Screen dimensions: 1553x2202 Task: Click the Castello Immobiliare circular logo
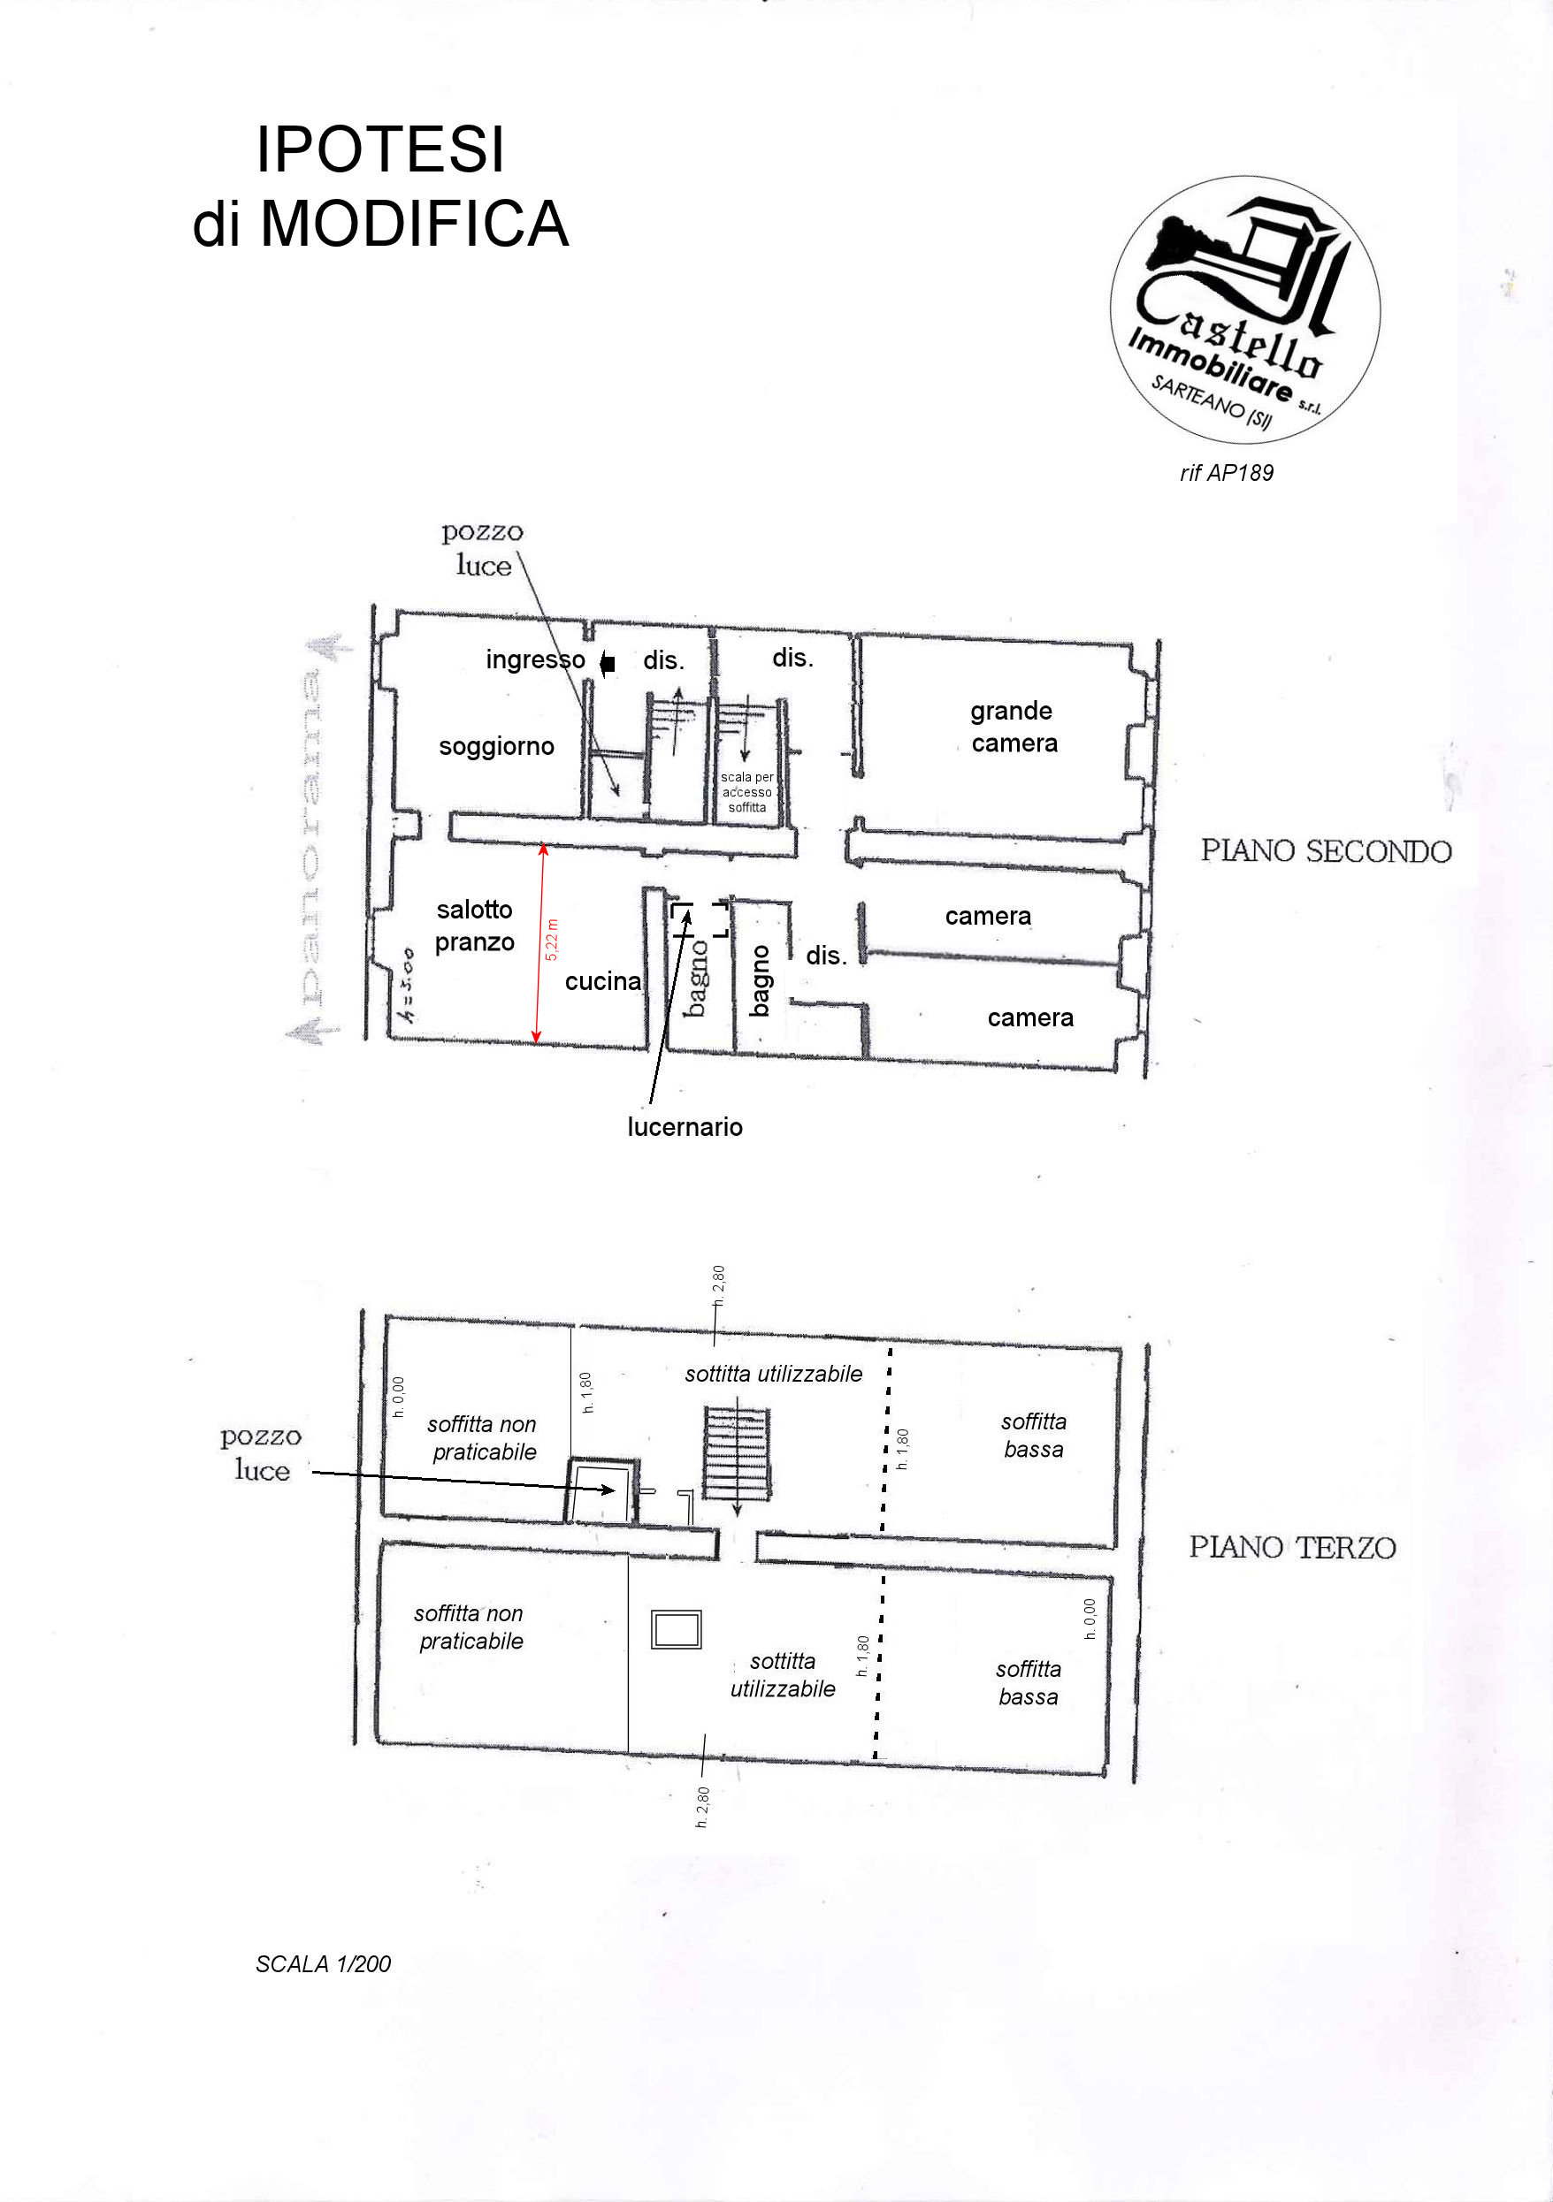click(1244, 309)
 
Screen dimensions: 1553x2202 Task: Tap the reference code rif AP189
click(1226, 473)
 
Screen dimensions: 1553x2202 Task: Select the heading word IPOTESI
click(380, 149)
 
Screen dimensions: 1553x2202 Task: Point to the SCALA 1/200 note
click(324, 1956)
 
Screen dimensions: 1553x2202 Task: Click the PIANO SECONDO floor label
click(1326, 850)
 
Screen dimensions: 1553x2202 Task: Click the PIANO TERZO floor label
click(1292, 1547)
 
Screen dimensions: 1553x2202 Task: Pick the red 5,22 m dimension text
click(552, 940)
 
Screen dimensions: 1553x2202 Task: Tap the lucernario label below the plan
click(685, 1127)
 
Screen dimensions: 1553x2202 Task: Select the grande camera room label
click(1013, 727)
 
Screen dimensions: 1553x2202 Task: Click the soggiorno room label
click(496, 746)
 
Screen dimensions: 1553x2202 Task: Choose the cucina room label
click(602, 981)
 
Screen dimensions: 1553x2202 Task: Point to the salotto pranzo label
click(474, 926)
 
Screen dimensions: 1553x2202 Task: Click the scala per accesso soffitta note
click(746, 792)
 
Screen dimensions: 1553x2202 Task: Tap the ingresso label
click(534, 659)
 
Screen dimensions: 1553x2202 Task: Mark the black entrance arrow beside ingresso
click(608, 663)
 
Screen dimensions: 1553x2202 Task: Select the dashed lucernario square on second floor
click(700, 918)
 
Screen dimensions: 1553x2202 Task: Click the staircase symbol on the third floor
click(736, 1454)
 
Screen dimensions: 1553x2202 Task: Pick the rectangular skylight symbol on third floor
click(677, 1629)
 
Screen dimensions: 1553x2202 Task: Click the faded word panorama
click(310, 839)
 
